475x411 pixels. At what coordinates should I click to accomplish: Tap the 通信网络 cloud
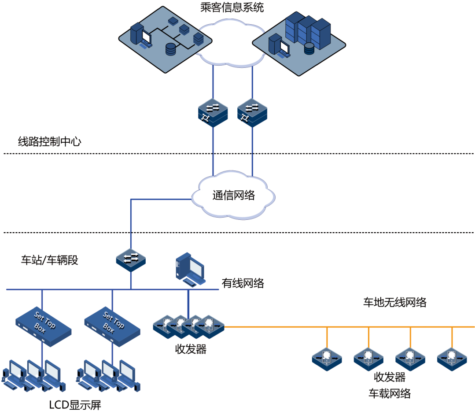click(x=233, y=195)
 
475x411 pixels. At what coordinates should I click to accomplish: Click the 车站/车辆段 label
click(x=50, y=260)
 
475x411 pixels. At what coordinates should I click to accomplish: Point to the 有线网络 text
click(x=243, y=283)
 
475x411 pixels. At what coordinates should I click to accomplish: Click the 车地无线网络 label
click(x=394, y=302)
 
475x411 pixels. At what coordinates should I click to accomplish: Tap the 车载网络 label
click(x=389, y=393)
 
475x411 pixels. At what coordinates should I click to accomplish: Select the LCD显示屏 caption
click(x=75, y=404)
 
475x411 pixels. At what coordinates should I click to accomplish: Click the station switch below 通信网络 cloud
click(x=131, y=260)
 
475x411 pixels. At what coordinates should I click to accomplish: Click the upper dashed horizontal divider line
click(x=238, y=154)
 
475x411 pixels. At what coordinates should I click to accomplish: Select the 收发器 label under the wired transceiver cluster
click(x=191, y=350)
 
